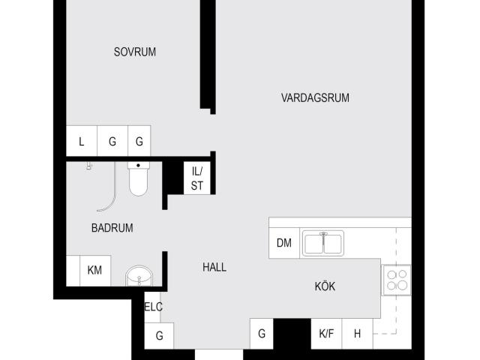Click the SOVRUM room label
pyautogui.click(x=135, y=52)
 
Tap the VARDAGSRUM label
pyautogui.click(x=315, y=98)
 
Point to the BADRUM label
pyautogui.click(x=112, y=228)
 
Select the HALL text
pyautogui.click(x=214, y=267)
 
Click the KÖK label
pyautogui.click(x=325, y=286)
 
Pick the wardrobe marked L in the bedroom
pyautogui.click(x=82, y=141)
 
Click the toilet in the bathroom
pyautogui.click(x=138, y=178)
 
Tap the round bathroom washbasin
pyautogui.click(x=139, y=275)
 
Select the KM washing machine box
pyautogui.click(x=95, y=271)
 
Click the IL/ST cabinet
pyautogui.click(x=196, y=178)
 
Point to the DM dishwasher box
pyautogui.click(x=284, y=243)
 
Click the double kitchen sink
pyautogui.click(x=323, y=243)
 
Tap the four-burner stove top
pyautogui.click(x=397, y=280)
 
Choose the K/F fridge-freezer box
pyautogui.click(x=326, y=334)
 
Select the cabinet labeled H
pyautogui.click(x=357, y=334)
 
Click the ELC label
pyautogui.click(x=153, y=307)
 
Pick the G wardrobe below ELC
pyautogui.click(x=159, y=336)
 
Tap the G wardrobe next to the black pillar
pyautogui.click(x=262, y=334)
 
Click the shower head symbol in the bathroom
pyautogui.click(x=89, y=166)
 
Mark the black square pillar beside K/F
pyautogui.click(x=292, y=334)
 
